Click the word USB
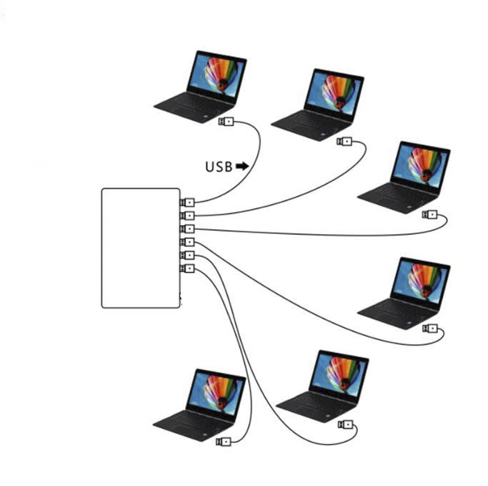tap(219, 167)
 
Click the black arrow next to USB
tap(242, 166)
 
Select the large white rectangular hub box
tap(141, 248)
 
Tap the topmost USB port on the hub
tap(189, 203)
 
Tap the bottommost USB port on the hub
tap(189, 269)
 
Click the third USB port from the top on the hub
tap(189, 229)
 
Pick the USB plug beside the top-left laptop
tap(226, 122)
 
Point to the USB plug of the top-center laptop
tap(345, 141)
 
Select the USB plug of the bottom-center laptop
tap(346, 424)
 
